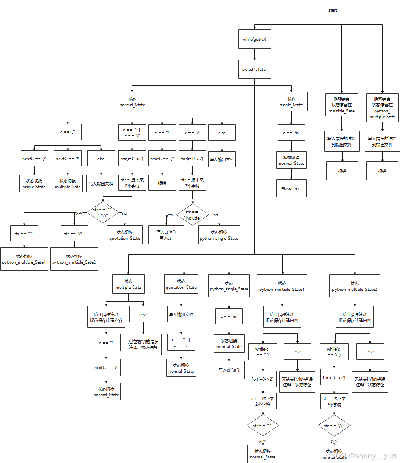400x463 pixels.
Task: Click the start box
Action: coord(333,10)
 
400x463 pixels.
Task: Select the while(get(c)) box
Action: coord(254,40)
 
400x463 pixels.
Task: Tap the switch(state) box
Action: coord(254,70)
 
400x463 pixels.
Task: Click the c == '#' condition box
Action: coord(192,133)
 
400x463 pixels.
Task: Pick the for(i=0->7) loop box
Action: coord(192,159)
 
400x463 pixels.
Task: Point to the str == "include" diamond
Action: coord(192,215)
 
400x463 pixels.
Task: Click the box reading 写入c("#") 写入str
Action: coord(166,235)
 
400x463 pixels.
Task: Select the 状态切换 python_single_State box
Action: coord(219,235)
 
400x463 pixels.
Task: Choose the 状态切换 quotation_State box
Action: coord(125,235)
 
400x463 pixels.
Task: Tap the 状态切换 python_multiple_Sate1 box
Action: coord(24,259)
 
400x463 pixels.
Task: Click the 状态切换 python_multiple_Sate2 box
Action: coord(74,259)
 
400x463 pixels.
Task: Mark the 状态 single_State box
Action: coord(291,102)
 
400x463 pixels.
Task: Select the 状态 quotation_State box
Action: coord(181,284)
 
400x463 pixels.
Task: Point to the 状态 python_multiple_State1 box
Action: coord(282,286)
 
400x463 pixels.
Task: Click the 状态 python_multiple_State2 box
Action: coord(354,286)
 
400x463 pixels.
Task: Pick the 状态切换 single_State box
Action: coord(34,184)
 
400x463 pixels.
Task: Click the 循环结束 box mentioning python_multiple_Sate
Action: coord(382,108)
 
